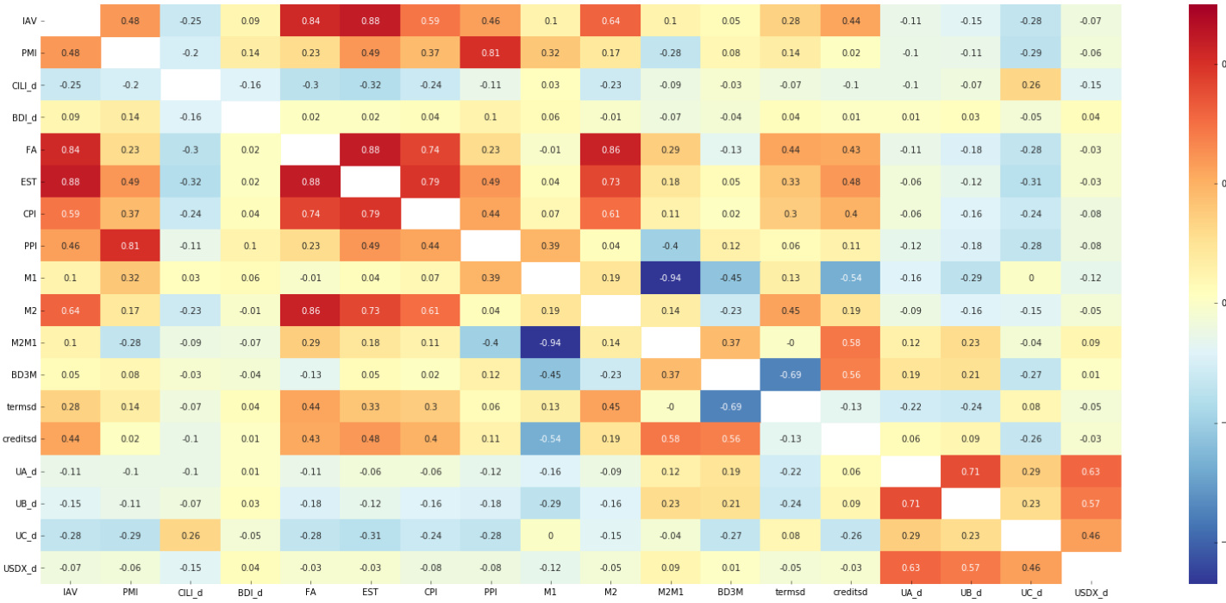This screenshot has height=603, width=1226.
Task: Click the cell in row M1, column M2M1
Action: pyautogui.click(x=670, y=278)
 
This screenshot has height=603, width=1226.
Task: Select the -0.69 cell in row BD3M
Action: pyautogui.click(x=790, y=374)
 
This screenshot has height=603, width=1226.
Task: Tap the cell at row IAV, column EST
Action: pyautogui.click(x=370, y=21)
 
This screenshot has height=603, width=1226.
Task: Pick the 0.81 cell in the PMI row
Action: pyautogui.click(x=490, y=53)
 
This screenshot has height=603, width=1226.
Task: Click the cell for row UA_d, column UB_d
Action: pyautogui.click(x=971, y=471)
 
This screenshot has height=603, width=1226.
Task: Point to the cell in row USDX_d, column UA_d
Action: pyautogui.click(x=910, y=568)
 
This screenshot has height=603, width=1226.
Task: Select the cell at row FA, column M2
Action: pyautogui.click(x=610, y=149)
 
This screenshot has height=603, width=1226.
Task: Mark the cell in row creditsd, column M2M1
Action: pyautogui.click(x=670, y=438)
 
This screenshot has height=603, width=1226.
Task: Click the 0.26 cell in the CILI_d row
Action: pyautogui.click(x=1031, y=85)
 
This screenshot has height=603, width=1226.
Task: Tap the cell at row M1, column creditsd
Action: pyautogui.click(x=850, y=278)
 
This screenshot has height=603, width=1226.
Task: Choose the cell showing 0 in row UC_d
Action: pyautogui.click(x=550, y=535)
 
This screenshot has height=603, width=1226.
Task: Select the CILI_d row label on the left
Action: pyautogui.click(x=19, y=85)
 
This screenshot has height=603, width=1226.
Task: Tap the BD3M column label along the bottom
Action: pyautogui.click(x=730, y=593)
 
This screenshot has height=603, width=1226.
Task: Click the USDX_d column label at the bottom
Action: pyautogui.click(x=1091, y=593)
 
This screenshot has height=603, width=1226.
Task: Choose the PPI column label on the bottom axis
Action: pyautogui.click(x=490, y=593)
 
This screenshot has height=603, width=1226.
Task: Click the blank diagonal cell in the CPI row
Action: pyautogui.click(x=430, y=213)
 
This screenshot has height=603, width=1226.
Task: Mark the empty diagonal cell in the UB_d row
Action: pyautogui.click(x=971, y=503)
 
